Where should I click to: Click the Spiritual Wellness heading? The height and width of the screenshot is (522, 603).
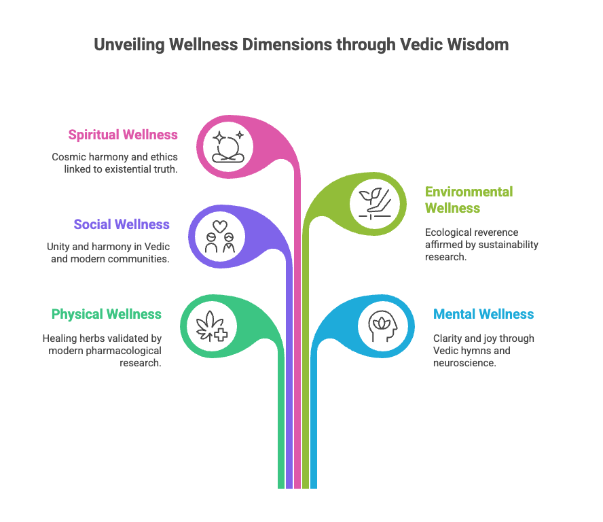(123, 135)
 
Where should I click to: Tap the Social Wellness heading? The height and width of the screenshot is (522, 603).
(122, 224)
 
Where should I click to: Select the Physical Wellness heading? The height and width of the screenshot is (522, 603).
(107, 314)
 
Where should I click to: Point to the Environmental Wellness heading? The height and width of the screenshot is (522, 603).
(469, 200)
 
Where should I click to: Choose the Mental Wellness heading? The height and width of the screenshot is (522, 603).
(483, 314)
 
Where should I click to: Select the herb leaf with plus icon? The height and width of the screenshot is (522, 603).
(211, 324)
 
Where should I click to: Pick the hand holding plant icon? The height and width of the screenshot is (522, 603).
(378, 202)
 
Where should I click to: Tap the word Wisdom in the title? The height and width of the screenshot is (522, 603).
(483, 46)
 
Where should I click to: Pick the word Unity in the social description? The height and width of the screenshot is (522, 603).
(59, 246)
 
